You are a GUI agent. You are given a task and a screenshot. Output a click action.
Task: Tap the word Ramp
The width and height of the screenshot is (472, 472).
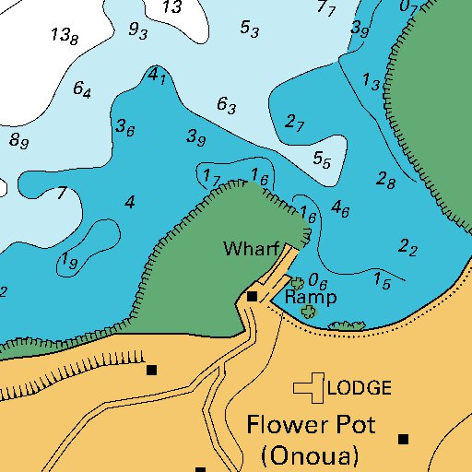pos(311,298)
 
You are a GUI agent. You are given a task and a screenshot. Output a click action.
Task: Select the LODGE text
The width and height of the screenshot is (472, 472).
pos(360,388)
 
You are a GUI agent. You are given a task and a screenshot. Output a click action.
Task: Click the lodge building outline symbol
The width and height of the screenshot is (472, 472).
pos(310,387)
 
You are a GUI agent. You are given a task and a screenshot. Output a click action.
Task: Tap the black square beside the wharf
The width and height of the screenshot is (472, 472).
pos(252,296)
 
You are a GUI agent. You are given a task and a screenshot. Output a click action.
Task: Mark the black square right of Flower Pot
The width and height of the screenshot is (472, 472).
pos(403,439)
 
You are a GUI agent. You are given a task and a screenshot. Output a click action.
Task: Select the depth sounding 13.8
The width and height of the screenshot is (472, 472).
pos(65,36)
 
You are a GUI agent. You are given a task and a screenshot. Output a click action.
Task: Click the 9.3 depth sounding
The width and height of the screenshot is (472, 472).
pos(138,31)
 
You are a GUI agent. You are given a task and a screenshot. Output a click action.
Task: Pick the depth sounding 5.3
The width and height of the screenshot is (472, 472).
pos(250,29)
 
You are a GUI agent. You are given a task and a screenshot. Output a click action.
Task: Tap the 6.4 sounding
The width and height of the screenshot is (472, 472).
pos(82,90)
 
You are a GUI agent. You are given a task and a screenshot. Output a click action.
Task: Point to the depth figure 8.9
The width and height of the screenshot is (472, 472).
pos(19,141)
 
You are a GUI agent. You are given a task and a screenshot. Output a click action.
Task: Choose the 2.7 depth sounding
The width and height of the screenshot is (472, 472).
pos(295,122)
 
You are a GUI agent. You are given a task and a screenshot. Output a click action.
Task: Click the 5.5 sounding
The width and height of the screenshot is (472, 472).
pos(322,159)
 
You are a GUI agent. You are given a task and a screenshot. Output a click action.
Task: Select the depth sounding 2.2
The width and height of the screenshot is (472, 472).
pos(408,247)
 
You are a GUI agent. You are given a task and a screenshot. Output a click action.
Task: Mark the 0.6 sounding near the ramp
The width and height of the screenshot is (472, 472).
pos(319,280)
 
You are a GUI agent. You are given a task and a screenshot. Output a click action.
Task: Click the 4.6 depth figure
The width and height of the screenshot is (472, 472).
pos(340,208)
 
